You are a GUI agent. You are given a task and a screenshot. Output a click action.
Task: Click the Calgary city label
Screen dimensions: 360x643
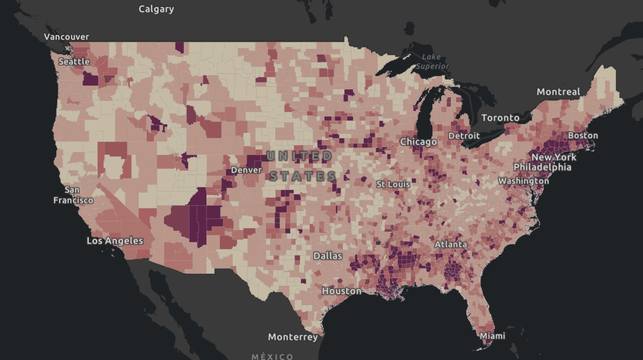click(156, 9)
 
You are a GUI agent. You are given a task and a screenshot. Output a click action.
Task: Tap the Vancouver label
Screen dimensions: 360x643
click(66, 37)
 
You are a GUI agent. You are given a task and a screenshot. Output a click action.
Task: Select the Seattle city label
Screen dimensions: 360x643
click(74, 62)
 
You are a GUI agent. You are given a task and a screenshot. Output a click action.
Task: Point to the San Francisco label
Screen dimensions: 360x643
click(73, 195)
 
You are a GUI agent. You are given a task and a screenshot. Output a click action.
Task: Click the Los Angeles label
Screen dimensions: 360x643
click(115, 241)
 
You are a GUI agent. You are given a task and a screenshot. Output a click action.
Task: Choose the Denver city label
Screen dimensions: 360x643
click(246, 170)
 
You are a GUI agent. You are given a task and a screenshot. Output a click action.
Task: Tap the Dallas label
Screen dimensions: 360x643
click(328, 256)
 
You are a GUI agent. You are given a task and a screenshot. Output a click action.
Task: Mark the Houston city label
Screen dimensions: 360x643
click(342, 291)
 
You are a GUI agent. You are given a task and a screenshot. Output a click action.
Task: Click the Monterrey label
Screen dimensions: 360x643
click(293, 337)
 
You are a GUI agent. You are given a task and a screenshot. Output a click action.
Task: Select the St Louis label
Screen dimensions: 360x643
click(393, 184)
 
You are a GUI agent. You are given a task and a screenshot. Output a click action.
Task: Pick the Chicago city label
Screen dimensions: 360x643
click(418, 142)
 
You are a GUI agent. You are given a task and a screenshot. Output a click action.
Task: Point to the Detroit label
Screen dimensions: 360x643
click(464, 136)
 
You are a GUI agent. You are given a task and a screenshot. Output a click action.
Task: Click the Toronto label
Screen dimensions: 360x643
click(500, 118)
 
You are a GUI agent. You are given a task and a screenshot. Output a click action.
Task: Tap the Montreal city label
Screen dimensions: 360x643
click(558, 92)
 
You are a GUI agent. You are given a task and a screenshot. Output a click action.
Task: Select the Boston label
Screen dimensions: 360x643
click(583, 135)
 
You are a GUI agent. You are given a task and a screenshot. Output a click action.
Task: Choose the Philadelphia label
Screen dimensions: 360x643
click(542, 167)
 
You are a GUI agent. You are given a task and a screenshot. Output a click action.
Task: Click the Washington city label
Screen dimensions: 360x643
click(524, 181)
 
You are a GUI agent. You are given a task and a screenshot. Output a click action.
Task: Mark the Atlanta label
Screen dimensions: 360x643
click(451, 245)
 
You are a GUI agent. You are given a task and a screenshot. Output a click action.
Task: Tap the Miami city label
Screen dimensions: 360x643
click(492, 336)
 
